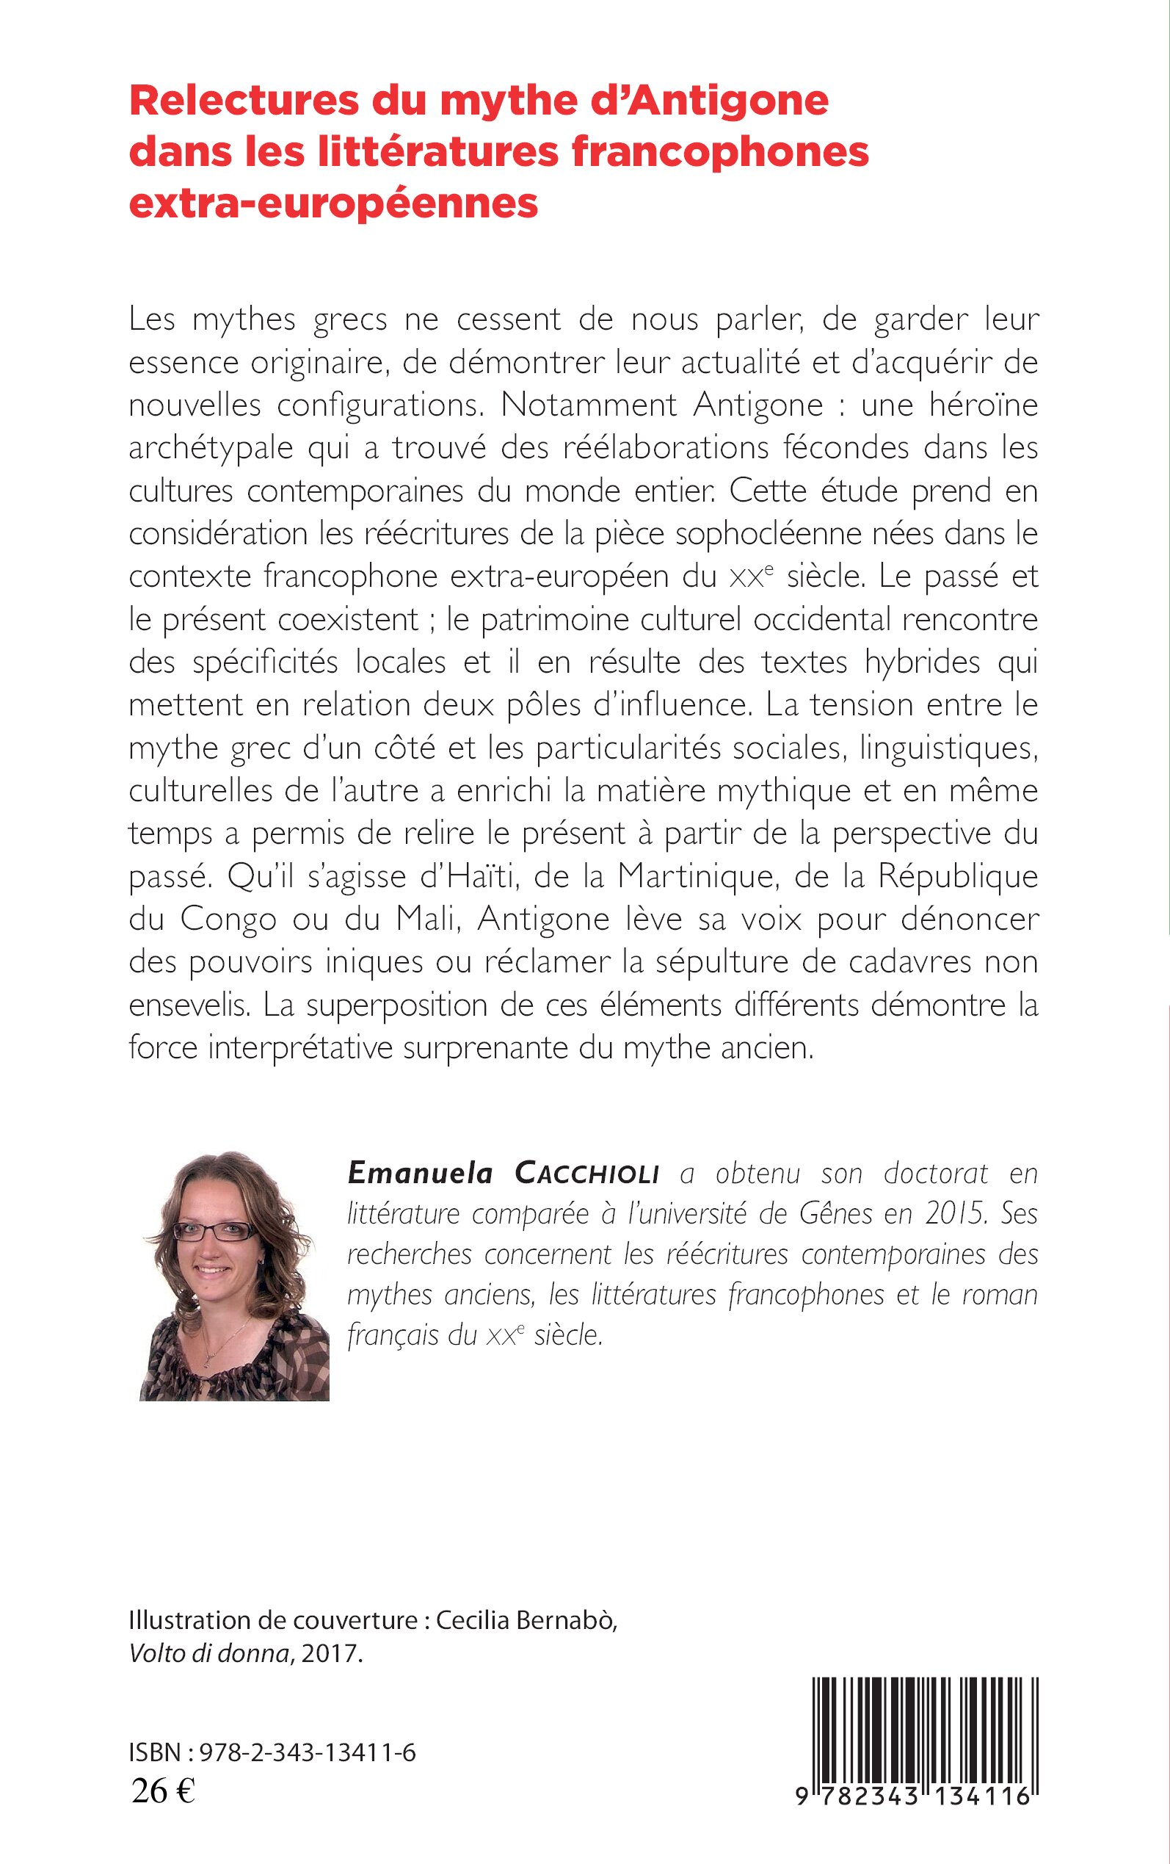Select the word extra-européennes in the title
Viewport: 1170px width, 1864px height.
coord(333,203)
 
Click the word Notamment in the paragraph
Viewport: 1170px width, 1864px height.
coord(589,405)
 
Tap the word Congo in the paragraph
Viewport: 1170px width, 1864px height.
coord(228,920)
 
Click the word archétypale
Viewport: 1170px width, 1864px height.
coord(211,448)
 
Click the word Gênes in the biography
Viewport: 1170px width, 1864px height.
coord(836,1214)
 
